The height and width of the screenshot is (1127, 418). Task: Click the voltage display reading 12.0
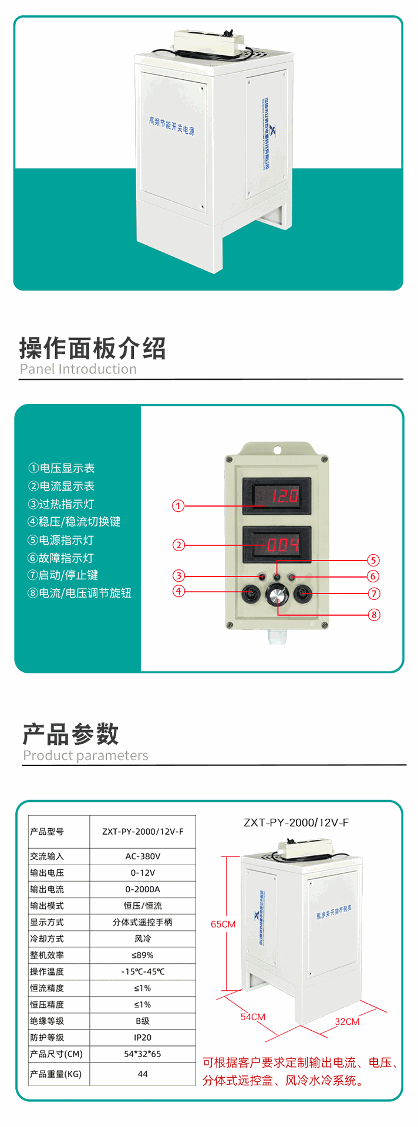click(x=277, y=496)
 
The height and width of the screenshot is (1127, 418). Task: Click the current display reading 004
click(x=277, y=545)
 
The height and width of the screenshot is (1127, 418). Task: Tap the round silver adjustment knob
click(x=277, y=596)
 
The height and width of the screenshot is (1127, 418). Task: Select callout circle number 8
click(x=374, y=615)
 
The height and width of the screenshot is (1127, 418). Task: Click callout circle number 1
click(x=178, y=505)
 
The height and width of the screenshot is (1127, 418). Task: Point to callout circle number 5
click(x=373, y=560)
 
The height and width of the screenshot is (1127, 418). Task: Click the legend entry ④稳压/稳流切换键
click(x=74, y=522)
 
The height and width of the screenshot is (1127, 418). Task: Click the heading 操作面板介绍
click(x=93, y=348)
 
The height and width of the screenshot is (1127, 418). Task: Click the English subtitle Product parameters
click(x=86, y=755)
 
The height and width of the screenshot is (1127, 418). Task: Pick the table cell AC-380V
click(x=143, y=856)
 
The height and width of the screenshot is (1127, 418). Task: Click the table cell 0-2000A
click(x=143, y=889)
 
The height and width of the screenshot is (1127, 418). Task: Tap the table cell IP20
click(x=143, y=1037)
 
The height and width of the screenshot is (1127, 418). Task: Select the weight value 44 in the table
click(x=143, y=1074)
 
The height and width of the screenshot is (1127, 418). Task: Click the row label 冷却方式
click(x=47, y=939)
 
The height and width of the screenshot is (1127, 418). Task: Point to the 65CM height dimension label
click(x=223, y=924)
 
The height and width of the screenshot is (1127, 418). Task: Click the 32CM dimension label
click(x=347, y=1021)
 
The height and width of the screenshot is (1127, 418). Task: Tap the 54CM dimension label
click(x=253, y=1017)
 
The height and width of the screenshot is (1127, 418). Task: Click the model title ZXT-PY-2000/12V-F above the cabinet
click(x=296, y=822)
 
